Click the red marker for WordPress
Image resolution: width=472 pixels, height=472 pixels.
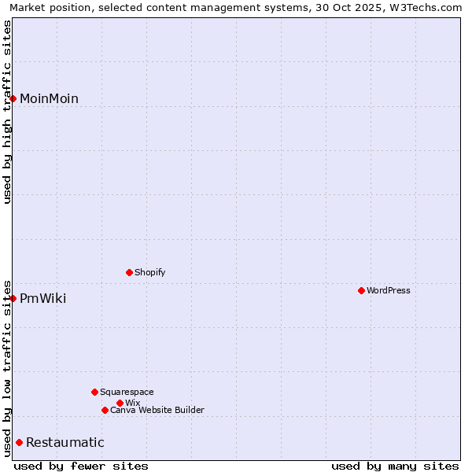361,290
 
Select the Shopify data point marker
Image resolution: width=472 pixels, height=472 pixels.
129,272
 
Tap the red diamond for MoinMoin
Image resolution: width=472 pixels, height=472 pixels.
13,98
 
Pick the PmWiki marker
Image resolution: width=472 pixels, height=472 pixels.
13,298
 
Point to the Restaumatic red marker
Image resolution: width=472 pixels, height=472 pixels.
19,442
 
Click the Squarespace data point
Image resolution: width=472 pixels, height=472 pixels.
94,392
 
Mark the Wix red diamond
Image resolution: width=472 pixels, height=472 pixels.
120,403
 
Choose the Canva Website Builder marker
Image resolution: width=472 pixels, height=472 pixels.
105,410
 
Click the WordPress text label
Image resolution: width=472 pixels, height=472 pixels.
389,290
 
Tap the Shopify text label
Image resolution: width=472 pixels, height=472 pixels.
150,272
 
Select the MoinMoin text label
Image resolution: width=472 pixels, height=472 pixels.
49,98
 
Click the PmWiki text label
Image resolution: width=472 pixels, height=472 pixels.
43,298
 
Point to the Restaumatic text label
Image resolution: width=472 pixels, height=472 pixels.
65,442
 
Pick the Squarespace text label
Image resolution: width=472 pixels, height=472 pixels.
127,392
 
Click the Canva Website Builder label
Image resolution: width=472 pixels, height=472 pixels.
157,410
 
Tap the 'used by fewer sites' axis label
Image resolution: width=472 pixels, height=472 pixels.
81,466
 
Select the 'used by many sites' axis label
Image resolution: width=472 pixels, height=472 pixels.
395,466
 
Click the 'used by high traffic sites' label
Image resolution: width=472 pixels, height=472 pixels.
7,112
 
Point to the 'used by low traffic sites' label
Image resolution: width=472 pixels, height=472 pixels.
7,367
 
